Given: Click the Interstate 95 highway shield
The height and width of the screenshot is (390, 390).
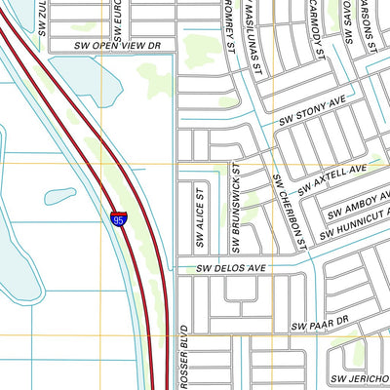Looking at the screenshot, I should pyautogui.click(x=118, y=220).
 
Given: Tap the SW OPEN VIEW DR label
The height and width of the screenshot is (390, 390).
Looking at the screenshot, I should pyautogui.click(x=116, y=46).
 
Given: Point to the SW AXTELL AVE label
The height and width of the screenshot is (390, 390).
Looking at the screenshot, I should pyautogui.click(x=332, y=176).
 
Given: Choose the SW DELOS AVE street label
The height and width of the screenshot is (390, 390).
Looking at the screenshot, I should pyautogui.click(x=231, y=266).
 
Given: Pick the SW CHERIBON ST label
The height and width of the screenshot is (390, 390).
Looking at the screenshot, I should pyautogui.click(x=290, y=208).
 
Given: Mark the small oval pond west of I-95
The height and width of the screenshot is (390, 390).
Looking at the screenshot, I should pyautogui.click(x=60, y=196).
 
